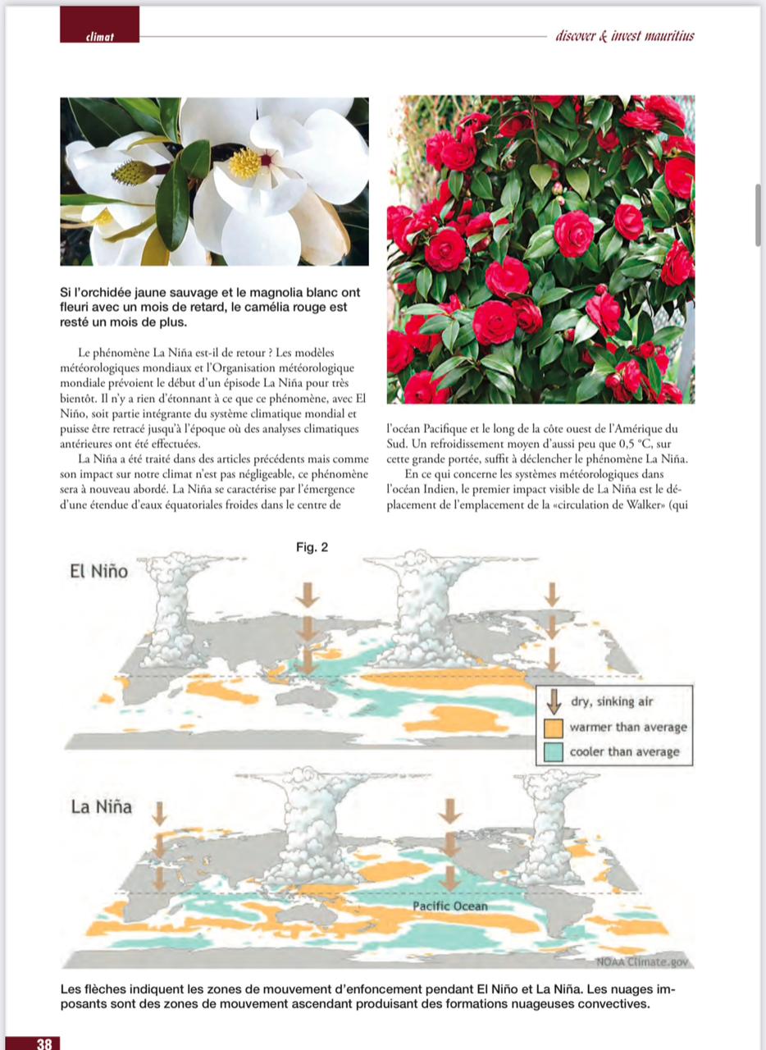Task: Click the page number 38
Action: (43, 1043)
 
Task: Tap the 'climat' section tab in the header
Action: (99, 36)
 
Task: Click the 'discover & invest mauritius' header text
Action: (625, 35)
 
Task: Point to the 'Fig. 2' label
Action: (312, 547)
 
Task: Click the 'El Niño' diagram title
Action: (99, 572)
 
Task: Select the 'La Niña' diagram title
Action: (102, 806)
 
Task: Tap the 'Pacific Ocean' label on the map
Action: (449, 906)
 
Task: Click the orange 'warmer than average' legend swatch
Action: (554, 728)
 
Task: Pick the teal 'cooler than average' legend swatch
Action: (554, 752)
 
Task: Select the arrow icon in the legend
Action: (554, 701)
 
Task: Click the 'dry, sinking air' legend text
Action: (613, 702)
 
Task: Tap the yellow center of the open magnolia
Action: (245, 163)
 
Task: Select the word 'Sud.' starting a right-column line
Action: (396, 444)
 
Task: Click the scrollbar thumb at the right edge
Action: (758, 215)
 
